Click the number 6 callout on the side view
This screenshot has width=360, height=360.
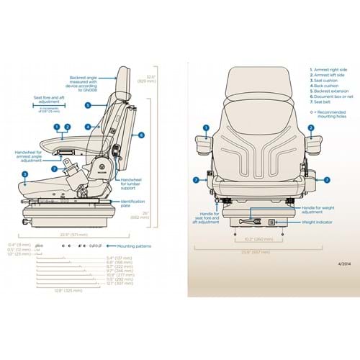(142, 135)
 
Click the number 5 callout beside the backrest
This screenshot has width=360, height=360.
(87, 105)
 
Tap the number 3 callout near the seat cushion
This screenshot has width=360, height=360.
(25, 175)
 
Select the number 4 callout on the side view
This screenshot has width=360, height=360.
(87, 126)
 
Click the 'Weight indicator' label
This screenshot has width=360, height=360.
(296, 222)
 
